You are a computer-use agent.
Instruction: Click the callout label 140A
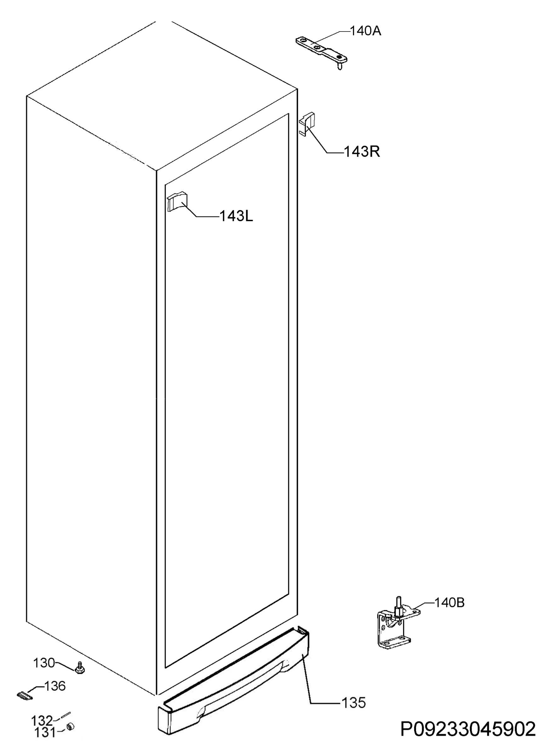pos(365,31)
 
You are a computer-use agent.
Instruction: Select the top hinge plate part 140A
pos(321,52)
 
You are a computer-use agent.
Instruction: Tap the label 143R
pos(362,152)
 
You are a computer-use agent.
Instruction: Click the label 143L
pos(236,216)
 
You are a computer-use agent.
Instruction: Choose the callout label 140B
pos(449,603)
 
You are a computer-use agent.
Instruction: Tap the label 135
pos(353,703)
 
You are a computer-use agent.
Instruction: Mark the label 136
pos(54,686)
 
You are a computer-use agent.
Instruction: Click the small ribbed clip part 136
pos(25,696)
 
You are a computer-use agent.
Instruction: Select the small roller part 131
pos(70,727)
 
